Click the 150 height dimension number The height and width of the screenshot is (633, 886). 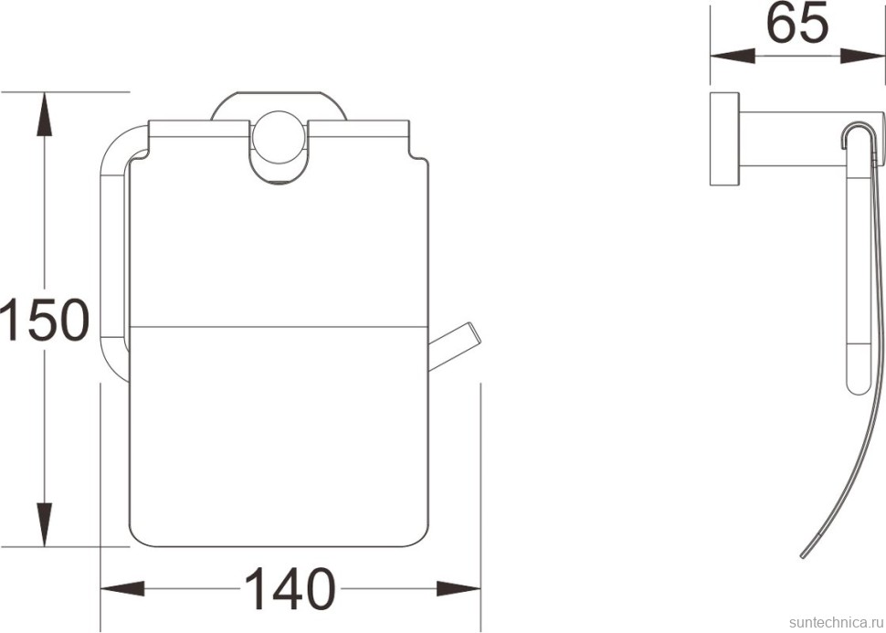point(45,320)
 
